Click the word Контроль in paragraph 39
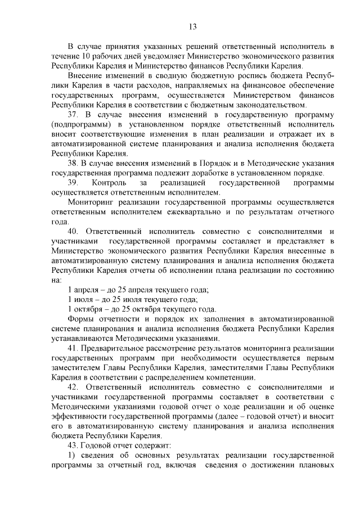(x=111, y=183)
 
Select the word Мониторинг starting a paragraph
(x=90, y=202)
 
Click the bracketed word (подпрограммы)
(x=79, y=124)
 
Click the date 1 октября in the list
(x=87, y=309)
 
